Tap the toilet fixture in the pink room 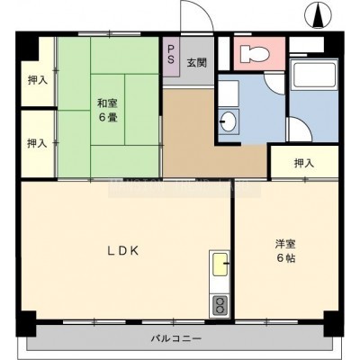click(256, 54)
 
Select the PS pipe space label click(171, 55)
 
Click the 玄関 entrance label click(197, 63)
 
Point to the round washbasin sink click(228, 121)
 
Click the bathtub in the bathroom click(313, 75)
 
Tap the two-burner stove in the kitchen click(220, 306)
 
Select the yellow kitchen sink click(220, 265)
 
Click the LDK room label click(123, 251)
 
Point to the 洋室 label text click(285, 245)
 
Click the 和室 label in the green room click(107, 103)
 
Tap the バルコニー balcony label click(176, 339)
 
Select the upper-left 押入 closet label click(38, 80)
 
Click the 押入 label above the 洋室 click(304, 163)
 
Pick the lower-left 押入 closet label click(37, 143)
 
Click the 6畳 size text click(108, 117)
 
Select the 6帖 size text click(286, 258)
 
